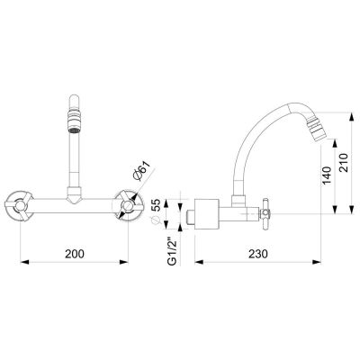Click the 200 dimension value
(75, 254)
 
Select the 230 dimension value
(258, 254)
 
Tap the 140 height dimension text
(327, 175)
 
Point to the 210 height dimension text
(344, 163)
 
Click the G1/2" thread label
(172, 251)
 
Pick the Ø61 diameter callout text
(141, 171)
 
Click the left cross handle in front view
(19, 206)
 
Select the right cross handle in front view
(129, 206)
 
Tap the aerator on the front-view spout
(74, 121)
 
